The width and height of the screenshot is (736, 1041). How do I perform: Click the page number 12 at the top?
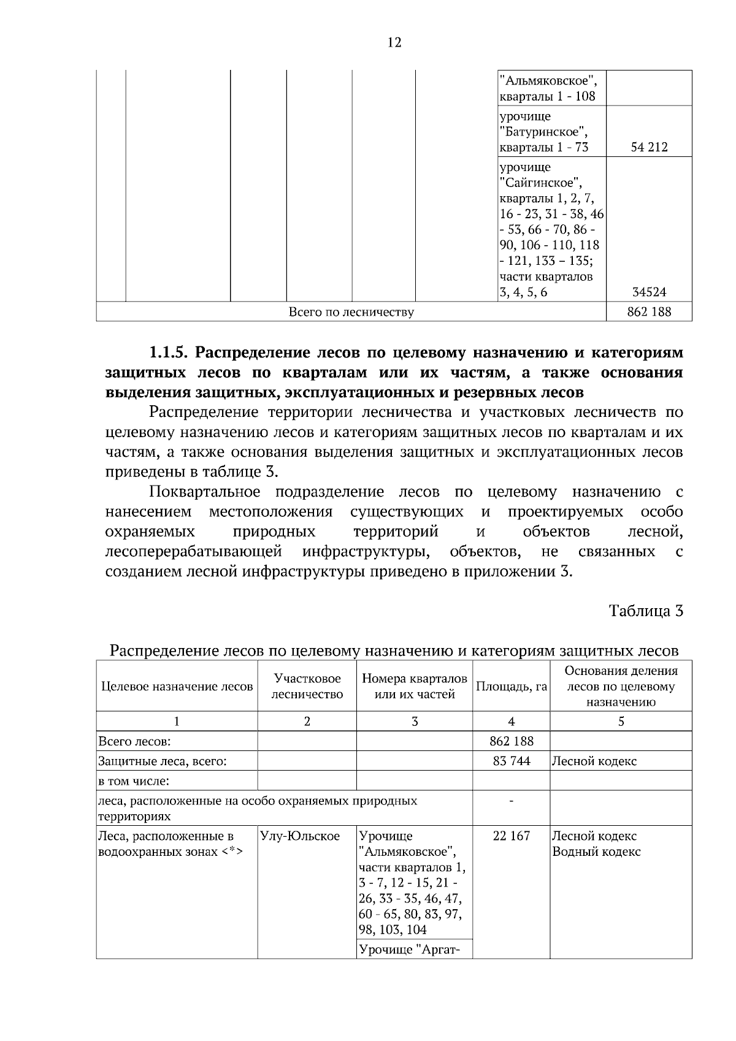[x=394, y=42]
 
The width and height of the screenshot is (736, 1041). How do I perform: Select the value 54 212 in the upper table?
[x=649, y=147]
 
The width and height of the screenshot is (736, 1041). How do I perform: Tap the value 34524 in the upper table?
[x=649, y=292]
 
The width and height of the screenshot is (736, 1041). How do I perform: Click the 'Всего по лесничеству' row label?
[x=351, y=312]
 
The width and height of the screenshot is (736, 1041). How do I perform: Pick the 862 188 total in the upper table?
[x=649, y=312]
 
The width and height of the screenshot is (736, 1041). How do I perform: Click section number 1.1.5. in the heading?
[x=170, y=353]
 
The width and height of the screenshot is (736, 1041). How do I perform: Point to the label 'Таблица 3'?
[x=645, y=611]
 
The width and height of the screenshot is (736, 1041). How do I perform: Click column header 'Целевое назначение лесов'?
[x=177, y=687]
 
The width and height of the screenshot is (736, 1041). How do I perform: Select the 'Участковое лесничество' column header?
[x=307, y=687]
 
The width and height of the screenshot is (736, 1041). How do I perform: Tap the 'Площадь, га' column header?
[x=511, y=687]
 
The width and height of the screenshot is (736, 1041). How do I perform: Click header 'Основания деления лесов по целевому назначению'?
[x=621, y=687]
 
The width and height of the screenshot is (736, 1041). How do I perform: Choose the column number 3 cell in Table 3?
[x=415, y=722]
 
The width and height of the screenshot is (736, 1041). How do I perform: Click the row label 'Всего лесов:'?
[x=134, y=741]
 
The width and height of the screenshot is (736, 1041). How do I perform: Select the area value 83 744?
[x=511, y=761]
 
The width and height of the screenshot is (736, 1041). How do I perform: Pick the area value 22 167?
[x=511, y=836]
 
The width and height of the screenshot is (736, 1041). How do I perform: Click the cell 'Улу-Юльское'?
[x=300, y=836]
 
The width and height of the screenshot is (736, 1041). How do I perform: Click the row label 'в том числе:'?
[x=134, y=781]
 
